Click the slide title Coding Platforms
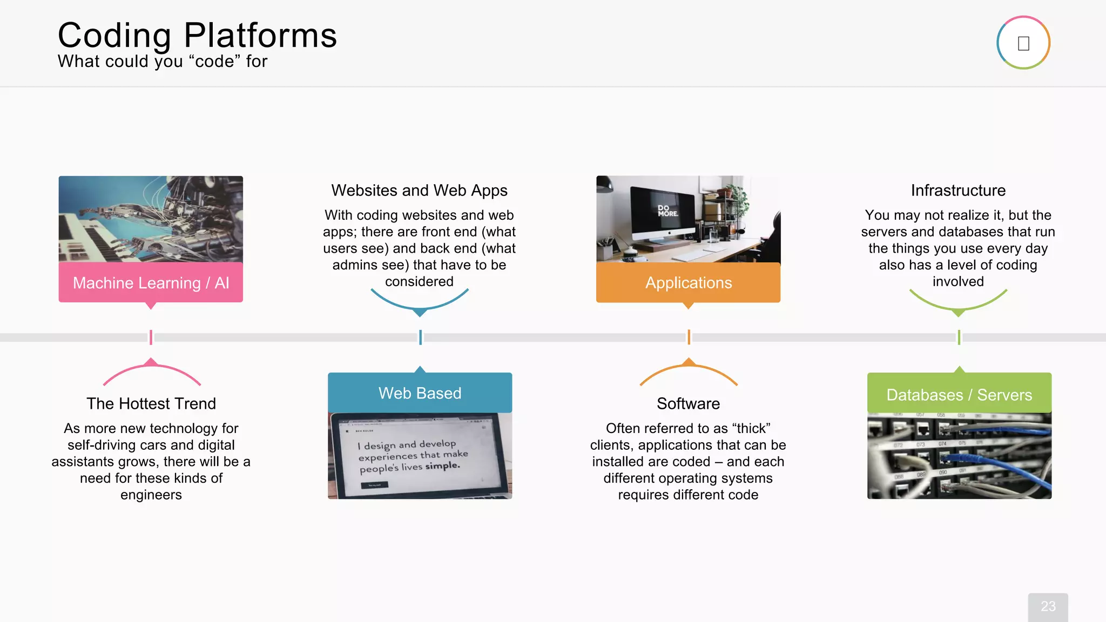tap(197, 36)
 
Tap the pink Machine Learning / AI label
tap(151, 283)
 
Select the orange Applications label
tap(688, 283)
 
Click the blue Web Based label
tap(420, 393)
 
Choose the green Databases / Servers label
tap(959, 395)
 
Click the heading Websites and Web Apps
tap(419, 191)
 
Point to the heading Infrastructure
tap(958, 191)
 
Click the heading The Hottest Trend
tap(151, 403)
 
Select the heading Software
tap(688, 403)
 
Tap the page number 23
tap(1048, 606)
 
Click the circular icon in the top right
tap(1023, 43)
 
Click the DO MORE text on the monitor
tap(667, 211)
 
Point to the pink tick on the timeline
tap(151, 337)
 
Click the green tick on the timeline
tap(959, 337)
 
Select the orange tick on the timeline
tap(689, 337)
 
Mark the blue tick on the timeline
tap(420, 337)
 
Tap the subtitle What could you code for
tap(163, 62)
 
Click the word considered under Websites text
tap(419, 282)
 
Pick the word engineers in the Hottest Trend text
tap(151, 495)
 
